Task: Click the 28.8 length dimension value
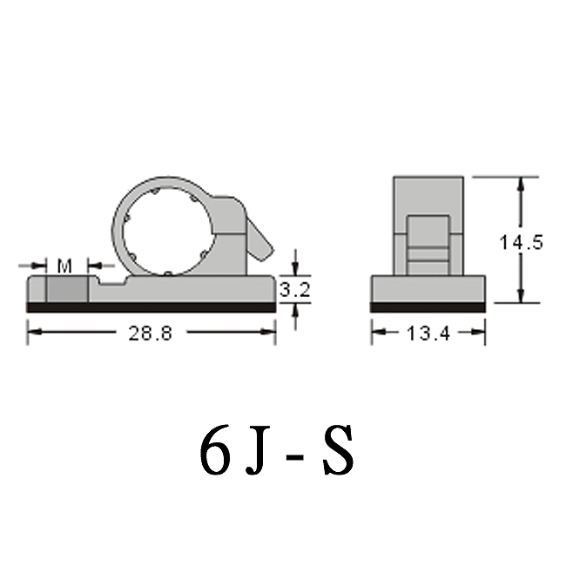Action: coord(151,332)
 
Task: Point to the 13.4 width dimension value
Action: coord(428,332)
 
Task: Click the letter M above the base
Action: coord(64,264)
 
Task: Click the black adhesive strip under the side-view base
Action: coord(151,307)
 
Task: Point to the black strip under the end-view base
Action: coord(428,307)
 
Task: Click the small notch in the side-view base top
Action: coord(111,281)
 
